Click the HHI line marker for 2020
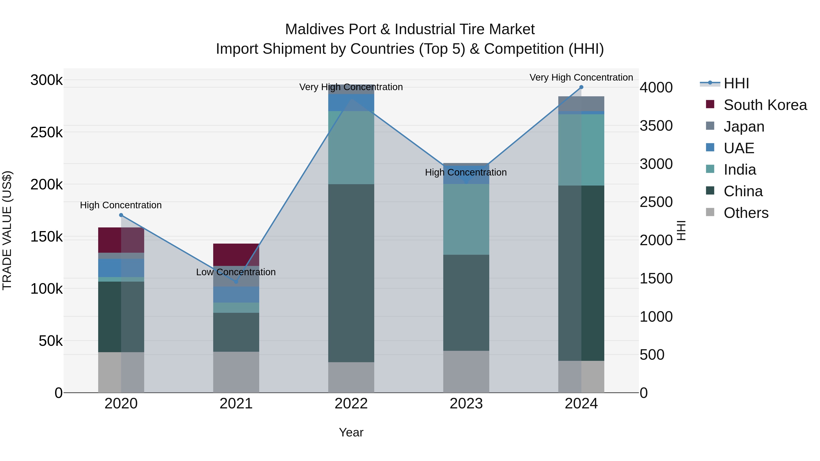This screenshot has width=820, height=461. click(x=121, y=215)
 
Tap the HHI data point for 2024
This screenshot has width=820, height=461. click(x=581, y=87)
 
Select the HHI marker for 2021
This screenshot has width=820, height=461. click(x=236, y=282)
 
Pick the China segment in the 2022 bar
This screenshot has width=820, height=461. click(x=351, y=273)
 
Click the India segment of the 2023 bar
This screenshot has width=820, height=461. click(x=466, y=219)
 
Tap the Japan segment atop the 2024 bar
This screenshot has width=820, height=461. click(x=581, y=103)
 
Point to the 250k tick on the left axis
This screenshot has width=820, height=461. click(x=46, y=132)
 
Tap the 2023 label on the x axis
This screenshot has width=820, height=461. click(x=466, y=404)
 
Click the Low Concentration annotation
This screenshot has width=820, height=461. click(x=236, y=272)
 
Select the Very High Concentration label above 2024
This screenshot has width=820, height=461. click(x=581, y=77)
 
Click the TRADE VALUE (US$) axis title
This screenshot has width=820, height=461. click(x=7, y=230)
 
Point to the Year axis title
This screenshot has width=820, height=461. click(x=351, y=432)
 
